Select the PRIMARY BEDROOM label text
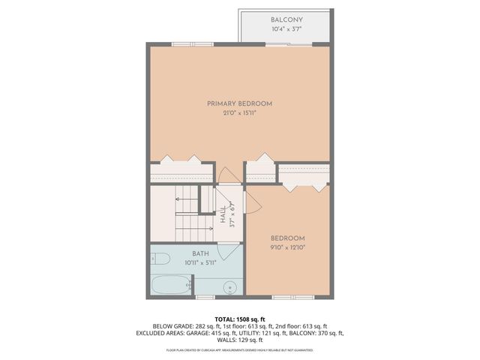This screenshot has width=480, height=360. point(240,103)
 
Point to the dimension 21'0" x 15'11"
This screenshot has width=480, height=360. point(240,113)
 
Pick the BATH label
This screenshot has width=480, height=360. point(200,254)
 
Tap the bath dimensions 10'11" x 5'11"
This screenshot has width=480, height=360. point(200,263)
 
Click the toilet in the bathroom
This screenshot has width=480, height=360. point(160,261)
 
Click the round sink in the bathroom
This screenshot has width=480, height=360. point(231,287)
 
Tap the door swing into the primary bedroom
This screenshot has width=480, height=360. point(227,174)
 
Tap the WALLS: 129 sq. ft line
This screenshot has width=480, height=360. point(240,340)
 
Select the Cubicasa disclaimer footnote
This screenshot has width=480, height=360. point(240,349)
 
